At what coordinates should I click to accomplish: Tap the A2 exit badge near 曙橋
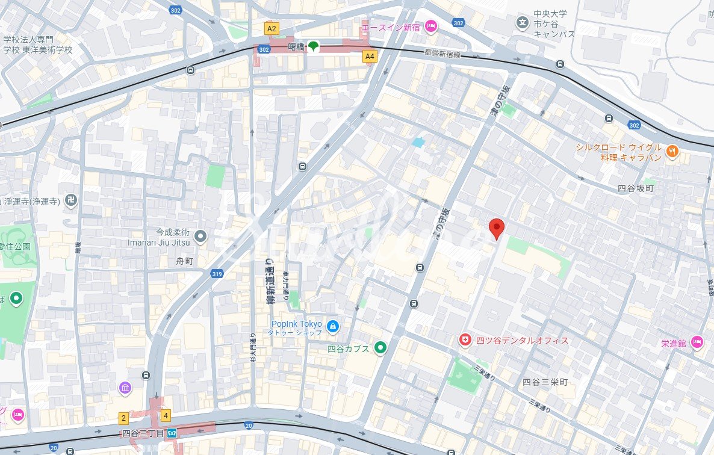click(x=272, y=28)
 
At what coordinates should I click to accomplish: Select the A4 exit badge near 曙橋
click(x=370, y=56)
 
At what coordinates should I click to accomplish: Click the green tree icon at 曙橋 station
click(x=313, y=46)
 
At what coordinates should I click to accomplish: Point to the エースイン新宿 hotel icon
click(x=431, y=25)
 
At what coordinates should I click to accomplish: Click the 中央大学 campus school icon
click(x=523, y=23)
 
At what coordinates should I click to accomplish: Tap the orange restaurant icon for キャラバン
click(x=672, y=152)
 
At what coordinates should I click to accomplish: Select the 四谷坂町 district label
click(x=635, y=188)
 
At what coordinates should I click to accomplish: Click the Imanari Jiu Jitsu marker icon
click(x=200, y=237)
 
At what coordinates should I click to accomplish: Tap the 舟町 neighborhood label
click(x=184, y=261)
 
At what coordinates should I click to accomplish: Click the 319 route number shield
click(x=217, y=274)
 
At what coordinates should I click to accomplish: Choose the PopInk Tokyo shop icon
click(x=332, y=326)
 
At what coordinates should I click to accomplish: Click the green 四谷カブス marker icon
click(x=380, y=347)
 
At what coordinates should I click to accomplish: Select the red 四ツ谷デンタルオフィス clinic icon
click(x=465, y=340)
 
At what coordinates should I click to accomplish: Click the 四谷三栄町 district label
click(x=545, y=382)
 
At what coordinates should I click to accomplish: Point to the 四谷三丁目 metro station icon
click(x=172, y=432)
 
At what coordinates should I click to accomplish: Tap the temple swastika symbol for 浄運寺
click(x=71, y=200)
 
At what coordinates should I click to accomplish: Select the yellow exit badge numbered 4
click(x=166, y=415)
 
